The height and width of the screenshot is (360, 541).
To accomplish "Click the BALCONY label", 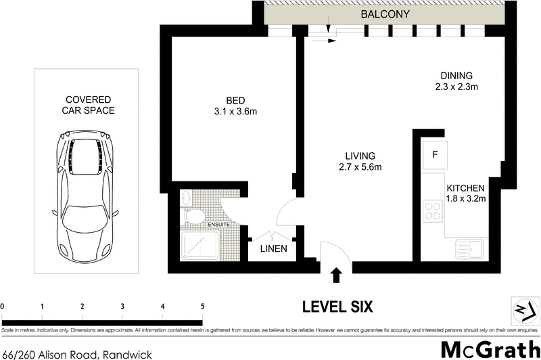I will (385, 14).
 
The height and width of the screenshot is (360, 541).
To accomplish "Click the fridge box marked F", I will (433, 154).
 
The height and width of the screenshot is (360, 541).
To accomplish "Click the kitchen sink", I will (469, 248).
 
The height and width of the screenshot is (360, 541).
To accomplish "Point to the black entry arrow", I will (336, 275).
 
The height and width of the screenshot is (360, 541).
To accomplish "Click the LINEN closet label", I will (274, 249).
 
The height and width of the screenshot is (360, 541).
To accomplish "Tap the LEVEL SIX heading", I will (337, 307).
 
